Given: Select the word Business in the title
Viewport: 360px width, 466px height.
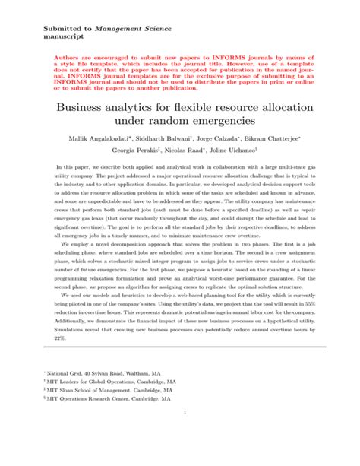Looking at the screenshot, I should [84, 106].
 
